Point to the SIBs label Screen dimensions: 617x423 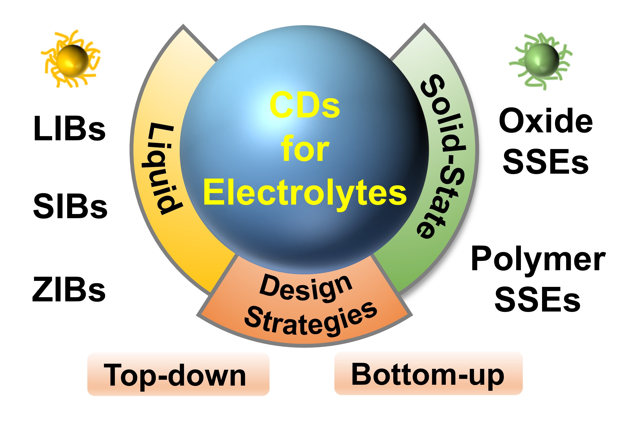click(70, 206)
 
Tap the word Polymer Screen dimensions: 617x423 click(538, 258)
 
